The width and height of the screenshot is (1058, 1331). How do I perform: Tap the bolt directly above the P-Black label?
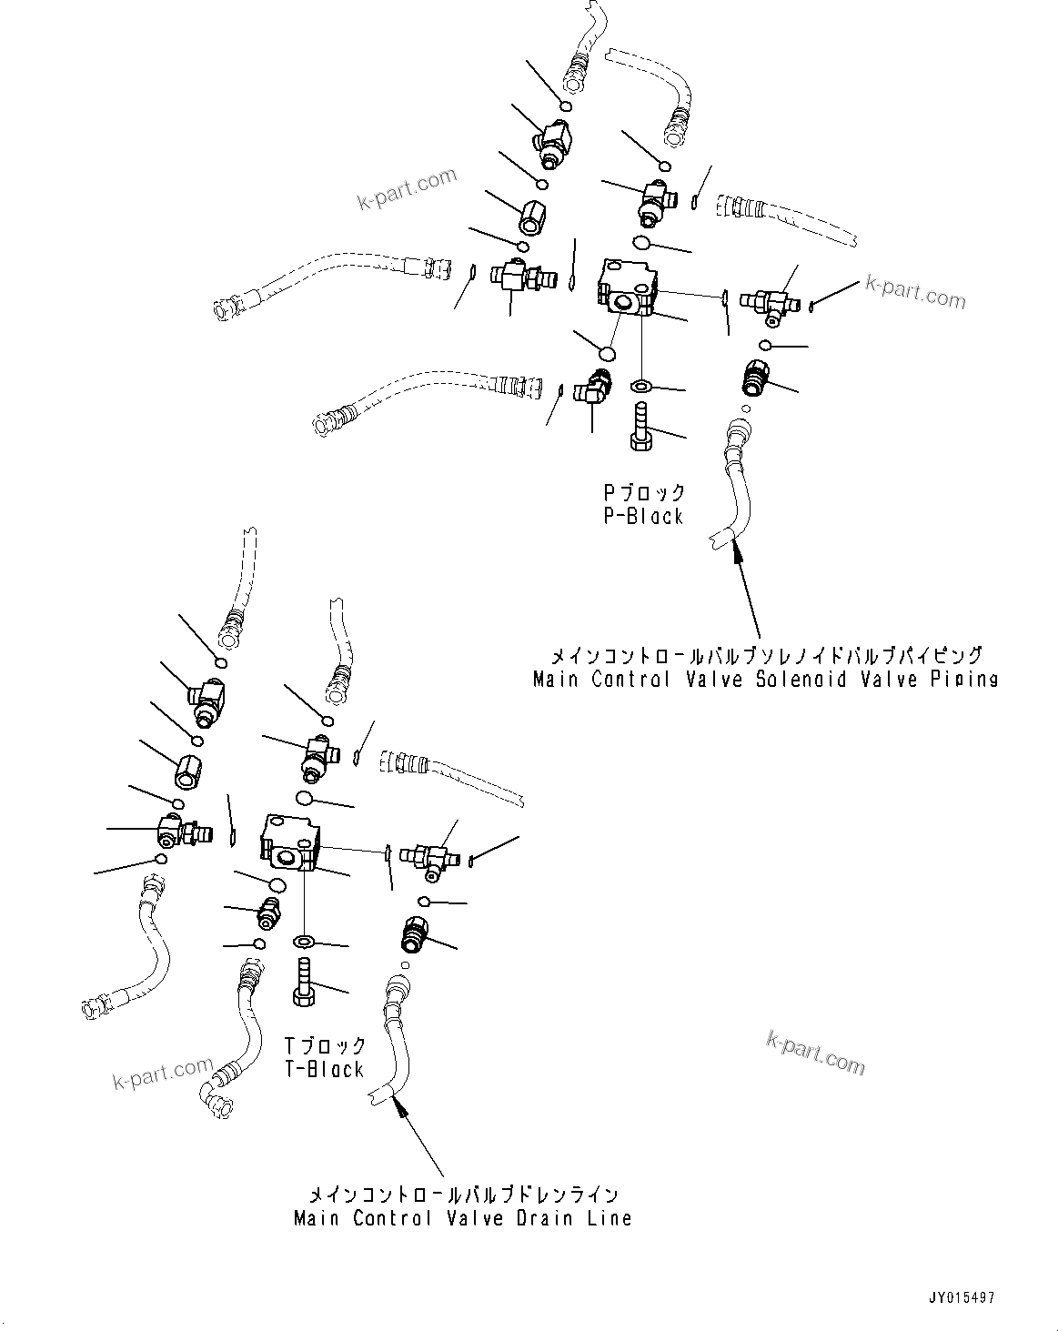pyautogui.click(x=640, y=427)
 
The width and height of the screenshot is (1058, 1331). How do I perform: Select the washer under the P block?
pyautogui.click(x=640, y=386)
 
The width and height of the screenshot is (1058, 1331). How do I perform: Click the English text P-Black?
pyautogui.click(x=643, y=517)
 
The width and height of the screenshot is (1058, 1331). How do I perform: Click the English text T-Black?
pyautogui.click(x=324, y=1070)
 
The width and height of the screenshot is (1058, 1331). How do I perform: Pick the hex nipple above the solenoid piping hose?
pyautogui.click(x=754, y=374)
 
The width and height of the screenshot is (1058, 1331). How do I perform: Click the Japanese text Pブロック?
pyautogui.click(x=644, y=493)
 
